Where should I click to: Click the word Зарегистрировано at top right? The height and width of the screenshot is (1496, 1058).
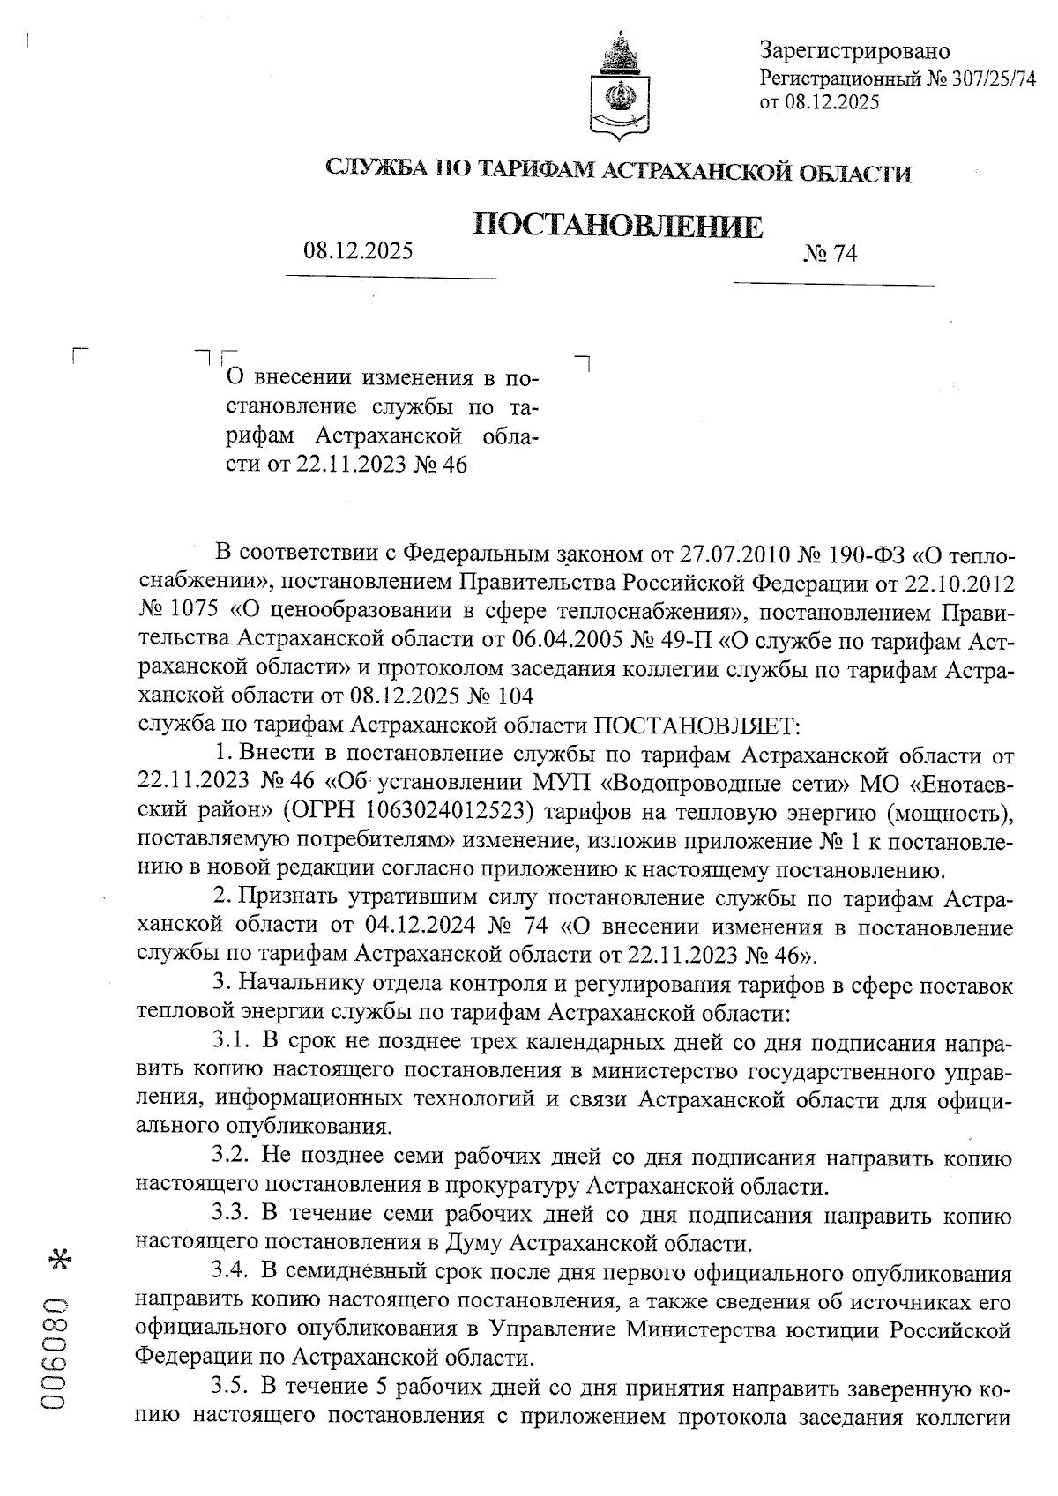point(854,51)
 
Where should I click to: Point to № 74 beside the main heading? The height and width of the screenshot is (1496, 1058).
point(830,255)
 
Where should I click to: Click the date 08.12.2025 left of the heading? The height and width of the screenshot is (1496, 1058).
point(358,251)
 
